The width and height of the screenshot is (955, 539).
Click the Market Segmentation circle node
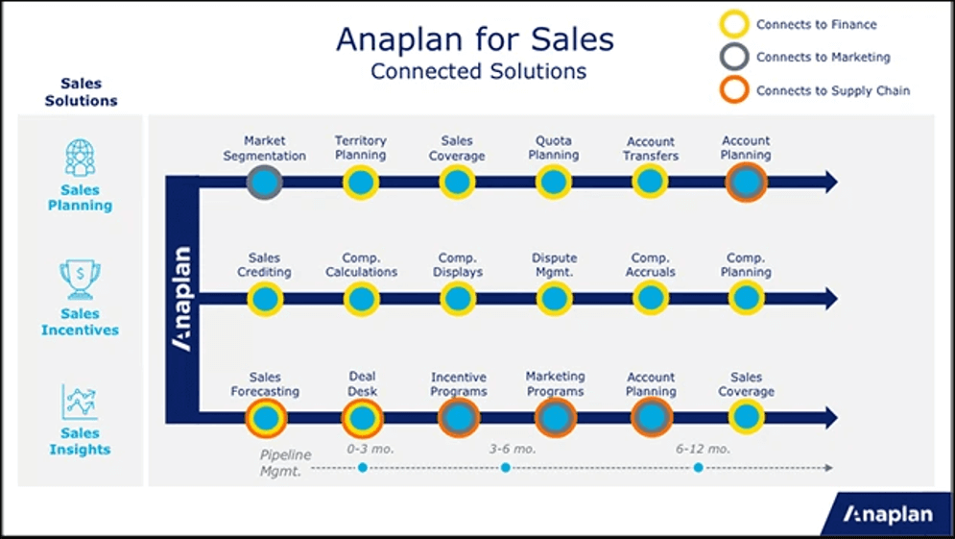click(265, 182)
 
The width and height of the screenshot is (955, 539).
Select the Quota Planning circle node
click(554, 182)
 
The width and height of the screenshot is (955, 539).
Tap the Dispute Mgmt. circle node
click(554, 299)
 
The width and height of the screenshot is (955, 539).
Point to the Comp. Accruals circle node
click(651, 299)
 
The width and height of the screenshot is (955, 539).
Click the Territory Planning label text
click(361, 148)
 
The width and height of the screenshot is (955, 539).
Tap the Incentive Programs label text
click(458, 384)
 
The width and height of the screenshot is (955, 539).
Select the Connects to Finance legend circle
click(734, 25)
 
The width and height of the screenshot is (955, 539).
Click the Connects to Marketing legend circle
click(734, 58)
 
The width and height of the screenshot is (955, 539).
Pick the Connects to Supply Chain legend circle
click(734, 90)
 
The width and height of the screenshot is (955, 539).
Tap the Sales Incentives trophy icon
click(80, 280)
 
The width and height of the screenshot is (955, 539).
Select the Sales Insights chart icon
click(80, 402)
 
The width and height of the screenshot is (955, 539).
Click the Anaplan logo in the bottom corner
click(887, 515)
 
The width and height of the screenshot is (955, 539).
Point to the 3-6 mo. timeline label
click(512, 449)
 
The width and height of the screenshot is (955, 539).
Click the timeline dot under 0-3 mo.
click(363, 468)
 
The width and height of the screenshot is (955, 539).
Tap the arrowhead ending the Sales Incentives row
click(829, 299)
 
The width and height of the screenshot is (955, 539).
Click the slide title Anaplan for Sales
click(475, 39)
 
